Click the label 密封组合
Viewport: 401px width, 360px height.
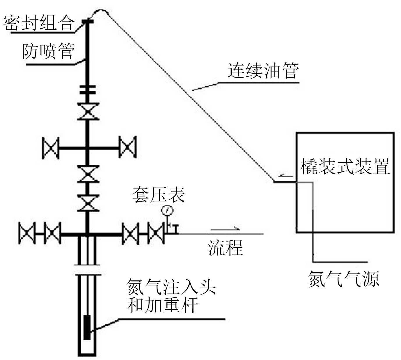(x=39, y=23)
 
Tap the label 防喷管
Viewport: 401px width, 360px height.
(x=48, y=51)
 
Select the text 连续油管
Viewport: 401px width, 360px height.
(x=263, y=71)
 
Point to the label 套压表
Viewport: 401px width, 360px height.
(x=159, y=194)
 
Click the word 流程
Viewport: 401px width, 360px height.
(x=226, y=248)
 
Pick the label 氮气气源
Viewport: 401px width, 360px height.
(x=343, y=279)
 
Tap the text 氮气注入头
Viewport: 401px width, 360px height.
(x=171, y=287)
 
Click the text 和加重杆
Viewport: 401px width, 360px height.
(x=163, y=305)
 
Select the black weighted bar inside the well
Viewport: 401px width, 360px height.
(x=87, y=327)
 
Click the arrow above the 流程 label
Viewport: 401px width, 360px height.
(x=226, y=229)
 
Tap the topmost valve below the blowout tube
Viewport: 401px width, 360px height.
(x=88, y=111)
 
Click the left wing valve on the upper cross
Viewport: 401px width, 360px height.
(x=51, y=148)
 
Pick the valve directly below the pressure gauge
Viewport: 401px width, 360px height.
(x=156, y=233)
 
